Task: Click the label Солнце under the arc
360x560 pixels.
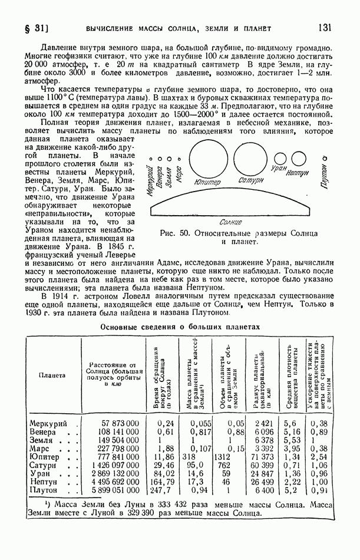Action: click(230, 222)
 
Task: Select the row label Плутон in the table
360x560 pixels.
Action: click(45, 490)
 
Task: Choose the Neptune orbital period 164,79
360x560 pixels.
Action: click(160, 482)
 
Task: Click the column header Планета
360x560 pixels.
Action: click(52, 375)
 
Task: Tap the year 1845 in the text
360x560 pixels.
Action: click(113, 246)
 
